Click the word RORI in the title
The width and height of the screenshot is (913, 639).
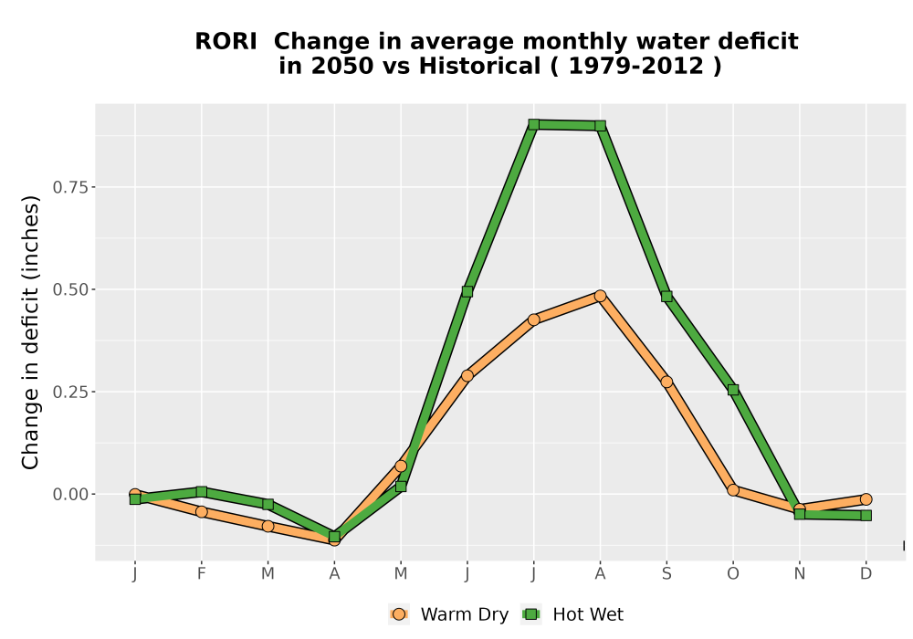226,42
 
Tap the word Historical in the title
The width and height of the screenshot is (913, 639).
480,66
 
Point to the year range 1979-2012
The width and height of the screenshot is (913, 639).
635,66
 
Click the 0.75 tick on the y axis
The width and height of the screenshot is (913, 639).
70,187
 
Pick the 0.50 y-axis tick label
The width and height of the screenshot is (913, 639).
70,289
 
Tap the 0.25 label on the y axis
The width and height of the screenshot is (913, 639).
70,393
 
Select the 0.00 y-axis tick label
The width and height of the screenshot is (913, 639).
70,495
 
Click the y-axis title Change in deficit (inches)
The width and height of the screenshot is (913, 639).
30,332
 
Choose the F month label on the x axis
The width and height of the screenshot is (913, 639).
202,574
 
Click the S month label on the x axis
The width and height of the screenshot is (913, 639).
666,574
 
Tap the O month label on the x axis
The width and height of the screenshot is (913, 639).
733,574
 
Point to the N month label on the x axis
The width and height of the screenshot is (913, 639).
800,574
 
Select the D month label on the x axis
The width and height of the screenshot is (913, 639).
866,574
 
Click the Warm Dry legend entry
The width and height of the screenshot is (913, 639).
448,614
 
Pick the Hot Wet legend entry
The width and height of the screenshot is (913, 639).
572,614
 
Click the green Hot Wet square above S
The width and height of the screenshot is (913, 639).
666,296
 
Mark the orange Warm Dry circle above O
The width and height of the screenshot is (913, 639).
733,490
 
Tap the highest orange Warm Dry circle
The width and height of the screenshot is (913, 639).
601,296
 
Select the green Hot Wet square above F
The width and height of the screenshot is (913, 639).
202,492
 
